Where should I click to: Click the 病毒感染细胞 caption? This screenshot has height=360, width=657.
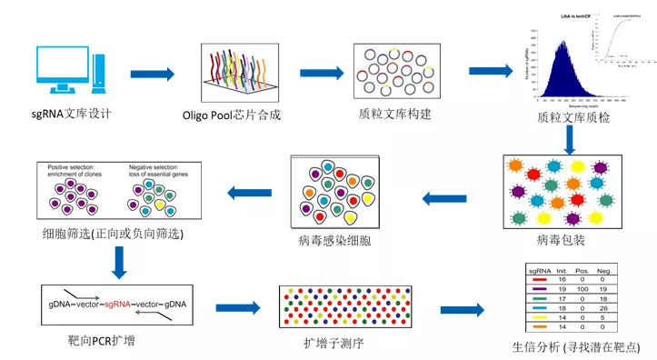pos(334,241)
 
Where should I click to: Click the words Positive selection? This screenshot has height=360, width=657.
pos(74,167)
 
